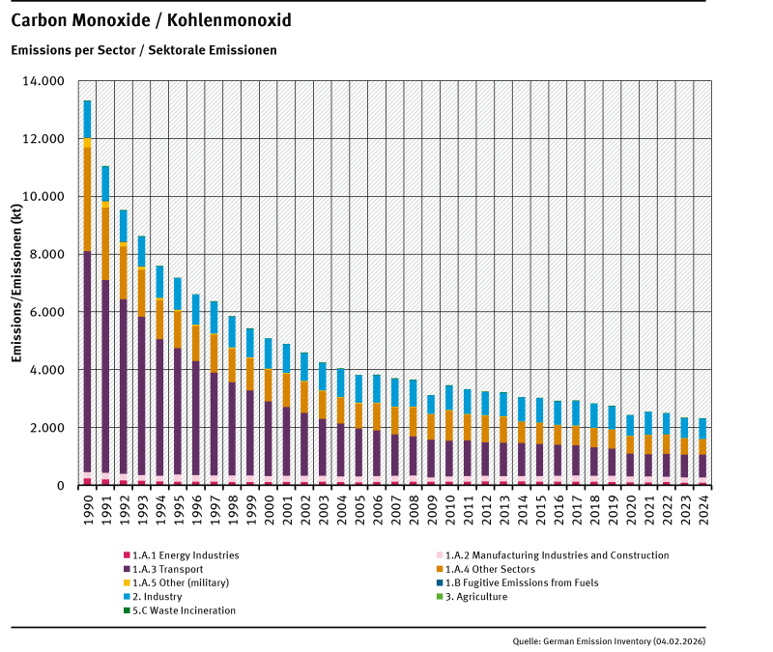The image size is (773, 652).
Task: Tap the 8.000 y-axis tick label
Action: coord(47,254)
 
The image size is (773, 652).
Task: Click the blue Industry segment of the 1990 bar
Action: coord(87,119)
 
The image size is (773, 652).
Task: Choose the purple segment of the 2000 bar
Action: coord(269,439)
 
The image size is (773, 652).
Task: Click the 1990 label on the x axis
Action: coord(87,505)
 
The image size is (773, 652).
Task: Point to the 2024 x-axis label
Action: coord(702,505)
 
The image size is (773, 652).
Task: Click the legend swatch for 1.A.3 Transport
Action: coord(127,569)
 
